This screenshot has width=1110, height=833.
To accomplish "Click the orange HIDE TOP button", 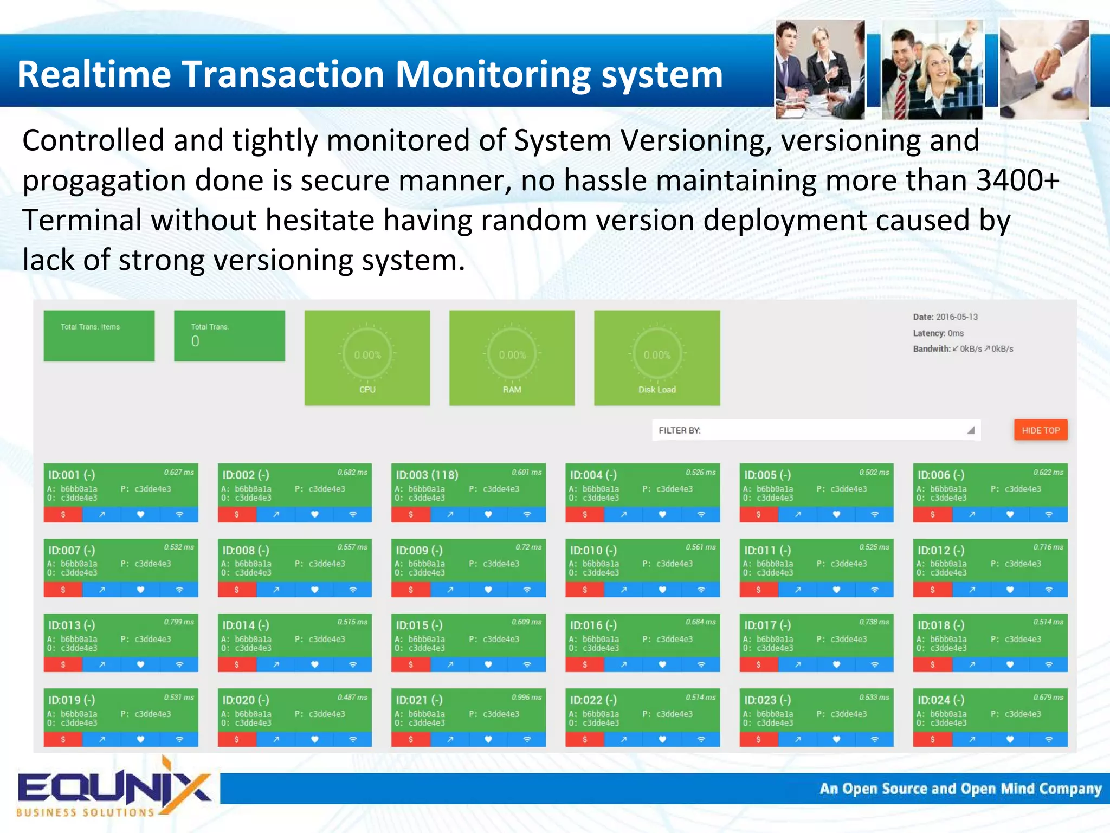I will pyautogui.click(x=1040, y=430).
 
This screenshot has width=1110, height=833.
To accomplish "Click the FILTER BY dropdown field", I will pyautogui.click(x=815, y=430).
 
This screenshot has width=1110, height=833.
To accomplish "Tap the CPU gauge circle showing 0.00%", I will pyautogui.click(x=367, y=355).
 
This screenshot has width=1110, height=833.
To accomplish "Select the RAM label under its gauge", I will pyautogui.click(x=512, y=390).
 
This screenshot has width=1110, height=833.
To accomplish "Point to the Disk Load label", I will pyautogui.click(x=657, y=390).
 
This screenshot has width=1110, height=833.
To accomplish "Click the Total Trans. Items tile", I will pyautogui.click(x=99, y=336).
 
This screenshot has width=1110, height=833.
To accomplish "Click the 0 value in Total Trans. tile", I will pyautogui.click(x=195, y=341).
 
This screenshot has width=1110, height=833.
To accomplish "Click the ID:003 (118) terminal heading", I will pyautogui.click(x=427, y=475).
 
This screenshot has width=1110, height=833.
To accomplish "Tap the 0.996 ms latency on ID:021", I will pyautogui.click(x=526, y=698).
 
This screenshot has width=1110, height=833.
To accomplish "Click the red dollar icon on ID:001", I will pyautogui.click(x=63, y=514).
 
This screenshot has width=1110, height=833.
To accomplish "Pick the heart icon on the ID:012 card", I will pyautogui.click(x=1010, y=590).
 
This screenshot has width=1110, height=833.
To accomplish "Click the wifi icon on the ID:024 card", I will pyautogui.click(x=1048, y=739).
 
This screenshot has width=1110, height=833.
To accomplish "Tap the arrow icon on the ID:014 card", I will pyautogui.click(x=276, y=664).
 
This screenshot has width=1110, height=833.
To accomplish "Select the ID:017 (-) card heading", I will pyautogui.click(x=767, y=625).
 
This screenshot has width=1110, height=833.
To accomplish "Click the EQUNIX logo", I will pyautogui.click(x=114, y=789).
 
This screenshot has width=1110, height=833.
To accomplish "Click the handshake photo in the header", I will pyautogui.click(x=1043, y=69).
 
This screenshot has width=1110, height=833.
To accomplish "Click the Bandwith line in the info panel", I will pyautogui.click(x=963, y=349).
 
